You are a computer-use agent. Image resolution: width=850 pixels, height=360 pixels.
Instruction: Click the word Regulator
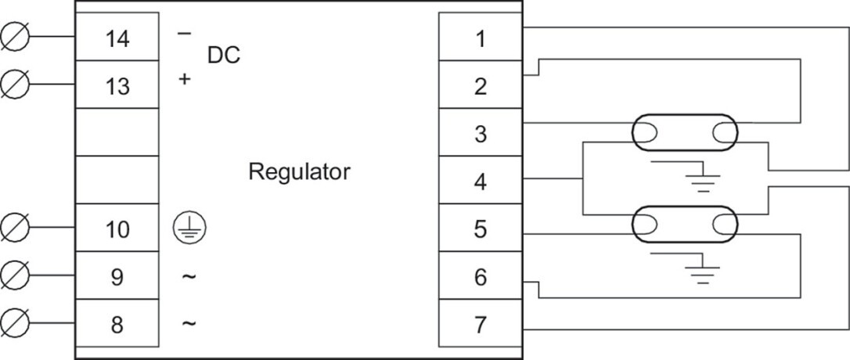pos(299,172)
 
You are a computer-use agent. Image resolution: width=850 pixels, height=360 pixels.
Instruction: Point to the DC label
pos(223,56)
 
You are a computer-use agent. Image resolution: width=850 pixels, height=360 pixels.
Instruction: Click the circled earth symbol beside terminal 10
pos(189,228)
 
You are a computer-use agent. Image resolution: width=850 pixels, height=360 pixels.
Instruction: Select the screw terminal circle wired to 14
pos(15,37)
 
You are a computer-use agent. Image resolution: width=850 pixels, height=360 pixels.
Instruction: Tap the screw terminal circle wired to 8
pos(15,323)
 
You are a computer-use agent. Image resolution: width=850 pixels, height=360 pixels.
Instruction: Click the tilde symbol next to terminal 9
pos(188,276)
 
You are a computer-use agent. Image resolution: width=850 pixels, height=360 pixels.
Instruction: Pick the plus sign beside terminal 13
pos(185,79)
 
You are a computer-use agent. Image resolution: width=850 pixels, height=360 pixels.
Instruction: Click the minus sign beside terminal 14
pos(184,34)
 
